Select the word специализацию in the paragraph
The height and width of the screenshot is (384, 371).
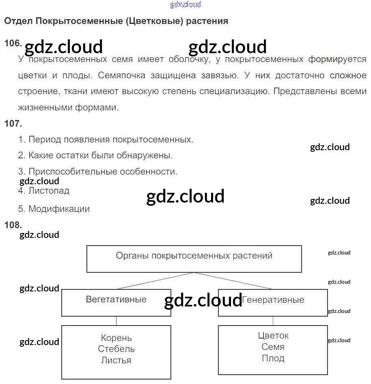pyautogui.click(x=234, y=91)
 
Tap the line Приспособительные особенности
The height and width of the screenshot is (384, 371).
pyautogui.click(x=103, y=171)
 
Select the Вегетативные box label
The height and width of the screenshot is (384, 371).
pyautogui.click(x=116, y=300)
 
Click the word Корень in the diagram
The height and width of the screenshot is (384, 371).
pyautogui.click(x=116, y=338)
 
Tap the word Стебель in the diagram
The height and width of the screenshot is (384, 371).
pyautogui.click(x=116, y=349)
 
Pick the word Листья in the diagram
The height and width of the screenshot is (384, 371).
pyautogui.click(x=116, y=360)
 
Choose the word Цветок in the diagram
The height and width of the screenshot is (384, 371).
pyautogui.click(x=273, y=336)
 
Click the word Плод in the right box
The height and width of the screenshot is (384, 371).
pyautogui.click(x=273, y=358)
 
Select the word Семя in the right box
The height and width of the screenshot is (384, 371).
pyautogui.click(x=273, y=347)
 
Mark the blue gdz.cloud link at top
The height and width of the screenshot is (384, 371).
pyautogui.click(x=185, y=5)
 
